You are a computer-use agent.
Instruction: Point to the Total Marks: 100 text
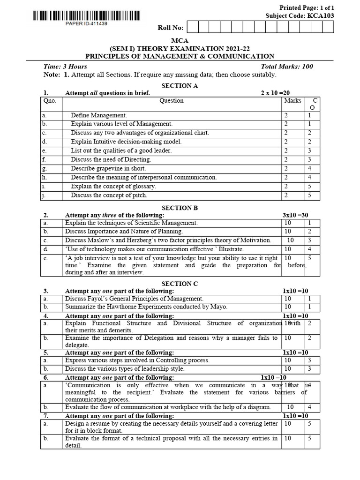coord(286,67)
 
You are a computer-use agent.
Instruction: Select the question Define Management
coord(99,115)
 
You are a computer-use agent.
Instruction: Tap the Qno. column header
coord(49,101)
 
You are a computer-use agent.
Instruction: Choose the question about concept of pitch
coord(109,195)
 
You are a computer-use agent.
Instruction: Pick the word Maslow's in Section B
coord(101,240)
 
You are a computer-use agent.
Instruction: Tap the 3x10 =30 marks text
coord(295,215)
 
